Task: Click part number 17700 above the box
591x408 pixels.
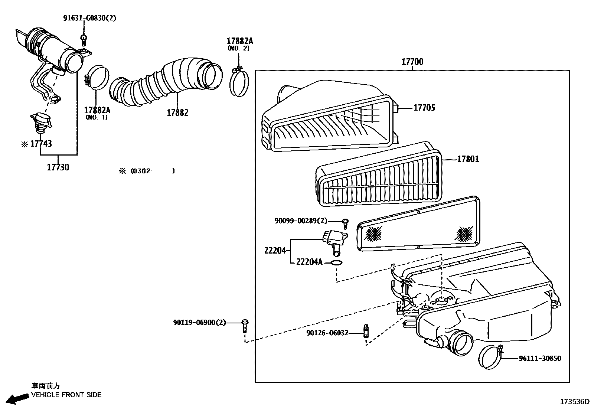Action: click(x=412, y=62)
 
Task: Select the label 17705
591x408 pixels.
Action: click(x=424, y=108)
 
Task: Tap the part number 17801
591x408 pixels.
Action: click(x=468, y=159)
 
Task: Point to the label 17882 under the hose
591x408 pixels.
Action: click(x=177, y=112)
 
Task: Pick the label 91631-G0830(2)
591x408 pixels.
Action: click(x=89, y=18)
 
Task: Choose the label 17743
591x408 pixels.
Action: click(x=41, y=144)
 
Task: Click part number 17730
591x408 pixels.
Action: click(x=58, y=167)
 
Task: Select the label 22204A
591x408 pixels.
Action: click(x=309, y=262)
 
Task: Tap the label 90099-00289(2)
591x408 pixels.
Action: click(x=301, y=221)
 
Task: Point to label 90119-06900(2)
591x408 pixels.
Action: click(x=199, y=323)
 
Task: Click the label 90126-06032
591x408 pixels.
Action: click(x=327, y=333)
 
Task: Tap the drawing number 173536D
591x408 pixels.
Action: click(x=575, y=402)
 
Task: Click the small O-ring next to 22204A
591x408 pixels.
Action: click(x=336, y=263)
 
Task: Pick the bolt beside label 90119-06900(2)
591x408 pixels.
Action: click(x=245, y=325)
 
